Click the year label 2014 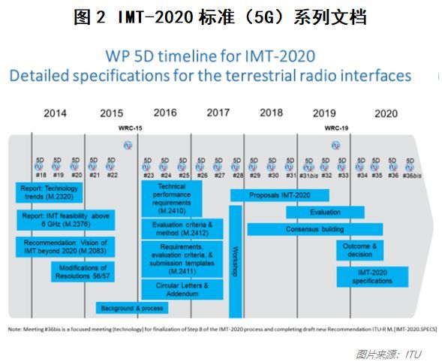(x=54, y=113)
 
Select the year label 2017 (x=218, y=113)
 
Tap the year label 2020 (x=386, y=113)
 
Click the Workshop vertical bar (x=235, y=252)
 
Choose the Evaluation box (x=324, y=212)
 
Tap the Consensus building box (x=315, y=229)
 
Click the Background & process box (x=131, y=308)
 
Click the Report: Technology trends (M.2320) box (x=50, y=192)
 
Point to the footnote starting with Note (x=222, y=329)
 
